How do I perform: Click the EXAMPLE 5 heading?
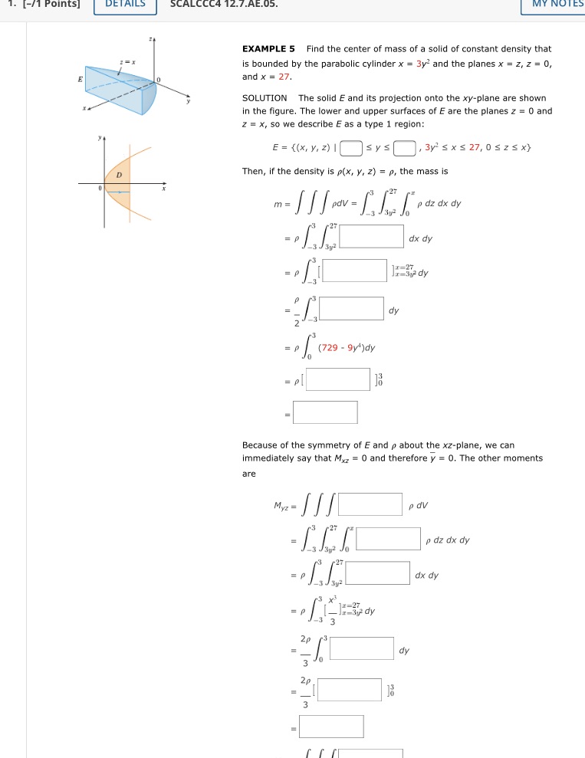[269, 49]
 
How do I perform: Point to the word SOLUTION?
[265, 98]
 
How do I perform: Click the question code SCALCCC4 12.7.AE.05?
[224, 3]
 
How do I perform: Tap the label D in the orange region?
[119, 176]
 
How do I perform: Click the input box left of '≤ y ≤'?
[350, 147]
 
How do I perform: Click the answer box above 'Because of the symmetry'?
[325, 412]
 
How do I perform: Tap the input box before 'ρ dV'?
[370, 505]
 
